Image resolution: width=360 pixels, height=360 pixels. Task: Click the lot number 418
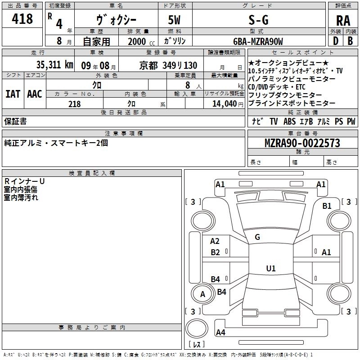point(22,19)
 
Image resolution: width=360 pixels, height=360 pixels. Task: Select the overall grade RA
point(343,21)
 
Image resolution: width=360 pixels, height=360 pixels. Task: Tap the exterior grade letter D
point(335,41)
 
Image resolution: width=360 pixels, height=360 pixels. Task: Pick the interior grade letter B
point(350,41)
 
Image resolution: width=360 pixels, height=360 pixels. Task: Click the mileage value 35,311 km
point(54,65)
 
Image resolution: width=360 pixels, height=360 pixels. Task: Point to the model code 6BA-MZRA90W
point(258,41)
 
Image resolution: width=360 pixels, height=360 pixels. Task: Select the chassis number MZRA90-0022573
point(302,143)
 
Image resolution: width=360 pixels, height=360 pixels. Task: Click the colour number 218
point(74,104)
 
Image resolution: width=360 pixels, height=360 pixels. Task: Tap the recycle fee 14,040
point(224,104)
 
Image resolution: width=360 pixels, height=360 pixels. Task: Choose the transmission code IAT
point(13,94)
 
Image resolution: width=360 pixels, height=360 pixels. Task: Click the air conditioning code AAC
point(35,94)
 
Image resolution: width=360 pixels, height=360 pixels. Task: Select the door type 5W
point(174,20)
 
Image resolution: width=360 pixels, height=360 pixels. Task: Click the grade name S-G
point(258,20)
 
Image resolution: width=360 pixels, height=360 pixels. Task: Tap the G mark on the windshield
point(257,237)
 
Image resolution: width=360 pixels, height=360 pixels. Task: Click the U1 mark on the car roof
point(271,268)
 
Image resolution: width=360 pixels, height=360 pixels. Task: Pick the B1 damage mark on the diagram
point(327,206)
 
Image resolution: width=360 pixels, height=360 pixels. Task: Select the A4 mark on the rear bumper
point(220,332)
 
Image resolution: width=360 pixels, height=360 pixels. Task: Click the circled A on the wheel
point(202,294)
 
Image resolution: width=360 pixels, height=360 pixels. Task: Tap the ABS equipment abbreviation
point(289,121)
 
